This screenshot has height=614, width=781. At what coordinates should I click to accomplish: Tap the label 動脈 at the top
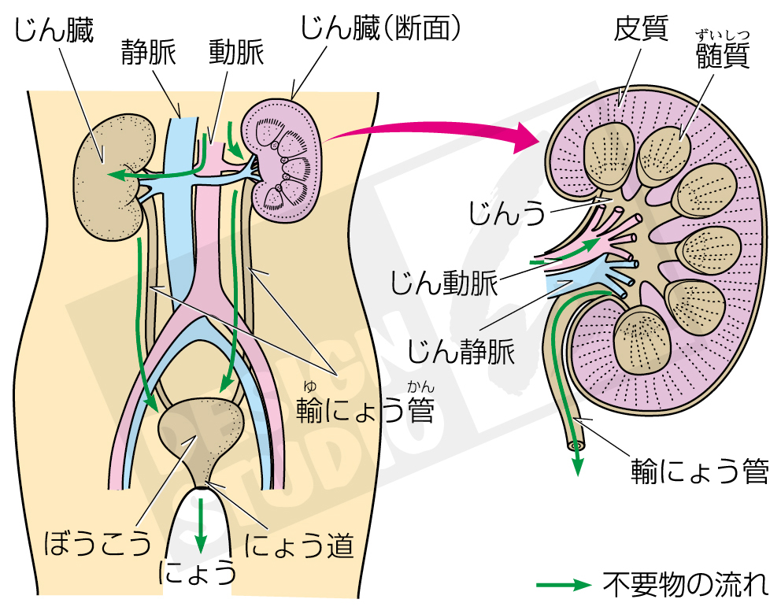[236, 54]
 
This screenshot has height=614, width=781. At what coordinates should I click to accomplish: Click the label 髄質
[723, 57]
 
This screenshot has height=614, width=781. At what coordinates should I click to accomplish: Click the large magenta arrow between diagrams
[433, 130]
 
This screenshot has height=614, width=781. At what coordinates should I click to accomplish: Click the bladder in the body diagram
[201, 437]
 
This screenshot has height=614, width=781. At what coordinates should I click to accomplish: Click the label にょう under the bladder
[198, 573]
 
